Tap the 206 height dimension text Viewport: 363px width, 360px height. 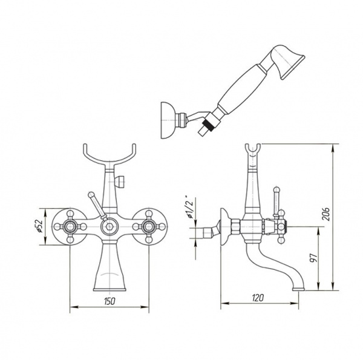point(326,214)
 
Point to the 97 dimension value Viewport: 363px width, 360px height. point(313,257)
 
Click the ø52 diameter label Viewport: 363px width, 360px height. point(40,226)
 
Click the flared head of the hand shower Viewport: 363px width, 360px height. point(290,62)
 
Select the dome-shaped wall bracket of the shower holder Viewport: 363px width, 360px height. point(168,120)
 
